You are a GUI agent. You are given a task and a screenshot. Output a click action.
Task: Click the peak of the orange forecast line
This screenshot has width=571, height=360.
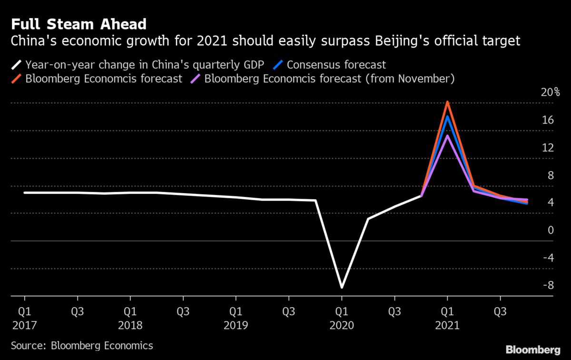coord(447,102)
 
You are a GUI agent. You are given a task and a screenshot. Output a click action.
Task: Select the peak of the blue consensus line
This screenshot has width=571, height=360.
coord(447,117)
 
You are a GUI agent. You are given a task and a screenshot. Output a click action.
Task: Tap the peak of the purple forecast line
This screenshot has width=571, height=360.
coord(447,136)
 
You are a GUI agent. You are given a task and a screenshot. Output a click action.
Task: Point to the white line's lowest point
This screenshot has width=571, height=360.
coord(342,287)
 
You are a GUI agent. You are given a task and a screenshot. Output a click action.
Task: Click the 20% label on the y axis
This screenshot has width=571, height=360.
coord(551,92)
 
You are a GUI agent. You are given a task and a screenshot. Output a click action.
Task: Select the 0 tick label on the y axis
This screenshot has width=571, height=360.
coord(551,230)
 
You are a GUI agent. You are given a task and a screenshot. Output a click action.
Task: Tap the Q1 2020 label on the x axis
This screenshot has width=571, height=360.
coord(342,319)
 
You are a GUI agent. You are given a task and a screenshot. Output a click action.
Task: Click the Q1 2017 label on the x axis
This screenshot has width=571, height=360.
coord(24,319)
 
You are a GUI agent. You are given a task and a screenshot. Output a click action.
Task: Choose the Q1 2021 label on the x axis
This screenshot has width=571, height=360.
coord(447,319)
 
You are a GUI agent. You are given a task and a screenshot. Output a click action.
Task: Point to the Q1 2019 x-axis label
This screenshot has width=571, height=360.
coord(236,319)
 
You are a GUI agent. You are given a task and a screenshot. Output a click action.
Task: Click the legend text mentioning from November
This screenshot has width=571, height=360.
coord(330,78)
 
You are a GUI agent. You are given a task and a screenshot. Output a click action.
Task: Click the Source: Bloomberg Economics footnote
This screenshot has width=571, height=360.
coord(82,345)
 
